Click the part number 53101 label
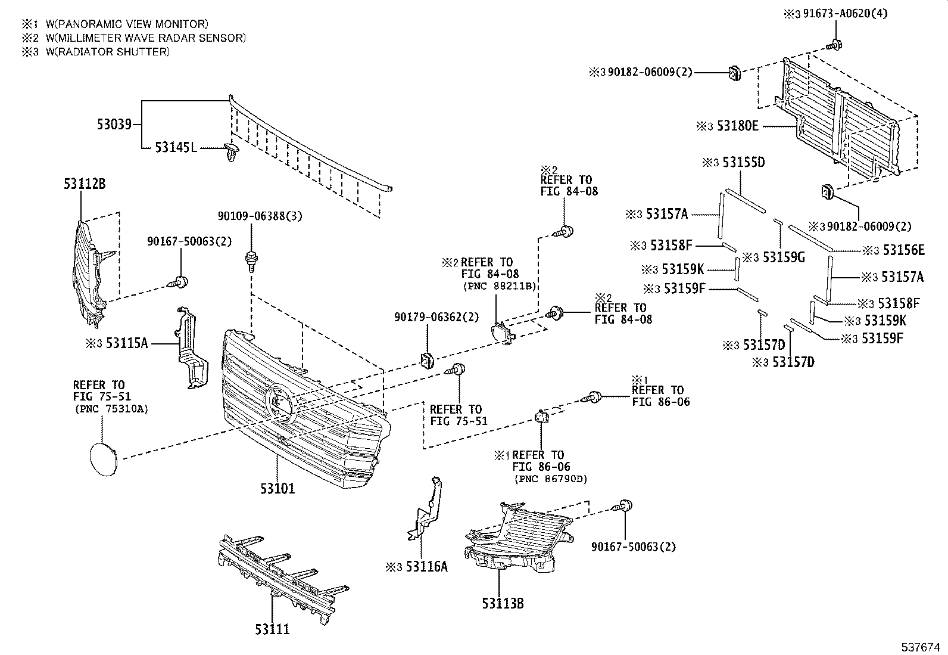coord(277,489)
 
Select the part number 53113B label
coord(503,603)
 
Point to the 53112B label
coord(85,184)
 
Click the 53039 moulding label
coord(114,125)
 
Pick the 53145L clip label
coord(176,147)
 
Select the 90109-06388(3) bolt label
coord(260,216)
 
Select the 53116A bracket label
coord(426,566)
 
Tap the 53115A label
coord(126,343)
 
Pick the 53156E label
coord(903,250)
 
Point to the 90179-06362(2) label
coord(436,317)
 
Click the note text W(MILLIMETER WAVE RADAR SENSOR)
coord(145,38)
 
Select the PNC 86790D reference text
coord(550,479)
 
